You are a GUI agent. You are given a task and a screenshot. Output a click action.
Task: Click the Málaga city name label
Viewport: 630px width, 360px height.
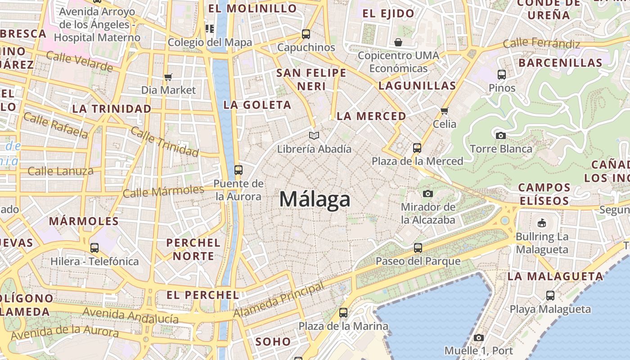pos(315,199)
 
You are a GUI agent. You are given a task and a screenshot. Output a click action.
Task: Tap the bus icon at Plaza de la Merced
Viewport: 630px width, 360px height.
pos(417,148)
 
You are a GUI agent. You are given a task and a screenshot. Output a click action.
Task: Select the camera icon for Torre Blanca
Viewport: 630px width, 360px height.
pos(500,135)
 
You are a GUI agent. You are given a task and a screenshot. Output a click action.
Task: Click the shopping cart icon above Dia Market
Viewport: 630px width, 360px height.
pos(168,77)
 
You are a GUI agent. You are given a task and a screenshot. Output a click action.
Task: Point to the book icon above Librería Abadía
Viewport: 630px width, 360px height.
pos(314,135)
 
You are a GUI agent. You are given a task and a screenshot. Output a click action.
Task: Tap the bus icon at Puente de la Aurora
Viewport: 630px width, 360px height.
pos(238,170)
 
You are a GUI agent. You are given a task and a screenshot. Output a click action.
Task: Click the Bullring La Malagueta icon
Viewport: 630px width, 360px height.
pos(542,223)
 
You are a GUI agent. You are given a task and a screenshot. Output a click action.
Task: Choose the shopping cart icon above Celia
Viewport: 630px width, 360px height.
pos(445,111)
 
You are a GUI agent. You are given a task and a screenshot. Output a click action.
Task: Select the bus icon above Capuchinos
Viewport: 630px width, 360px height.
pos(306,34)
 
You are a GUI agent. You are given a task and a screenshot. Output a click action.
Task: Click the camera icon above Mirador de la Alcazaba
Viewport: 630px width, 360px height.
pos(428,193)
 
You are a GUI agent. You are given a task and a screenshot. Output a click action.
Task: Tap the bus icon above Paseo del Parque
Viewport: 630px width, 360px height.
pos(418,247)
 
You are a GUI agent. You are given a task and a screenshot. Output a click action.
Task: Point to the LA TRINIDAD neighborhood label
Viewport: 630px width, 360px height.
pos(112,109)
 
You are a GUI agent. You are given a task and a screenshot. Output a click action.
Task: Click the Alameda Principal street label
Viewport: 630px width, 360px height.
pos(279,300)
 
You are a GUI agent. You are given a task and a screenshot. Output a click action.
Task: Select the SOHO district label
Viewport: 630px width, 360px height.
pos(273,342)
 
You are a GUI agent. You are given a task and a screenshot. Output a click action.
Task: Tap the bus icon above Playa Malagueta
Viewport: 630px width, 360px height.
pos(550,296)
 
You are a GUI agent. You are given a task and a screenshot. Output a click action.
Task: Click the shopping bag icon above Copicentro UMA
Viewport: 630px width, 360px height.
pos(398,43)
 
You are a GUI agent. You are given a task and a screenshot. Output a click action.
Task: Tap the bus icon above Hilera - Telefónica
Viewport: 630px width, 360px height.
pos(94,247)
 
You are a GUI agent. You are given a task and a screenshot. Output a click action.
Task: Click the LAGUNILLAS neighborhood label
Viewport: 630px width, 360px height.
pos(417,85)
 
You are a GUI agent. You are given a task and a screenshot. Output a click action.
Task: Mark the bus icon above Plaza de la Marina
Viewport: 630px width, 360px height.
pos(343,312)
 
